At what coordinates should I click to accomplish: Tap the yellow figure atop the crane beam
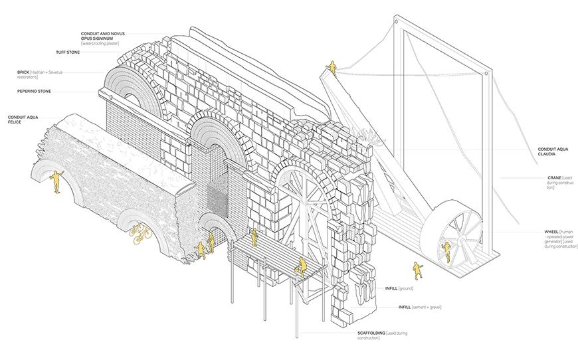tap(332, 67)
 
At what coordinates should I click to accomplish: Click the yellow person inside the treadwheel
tap(443, 250)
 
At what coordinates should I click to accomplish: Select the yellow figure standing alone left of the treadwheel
tap(418, 270)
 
